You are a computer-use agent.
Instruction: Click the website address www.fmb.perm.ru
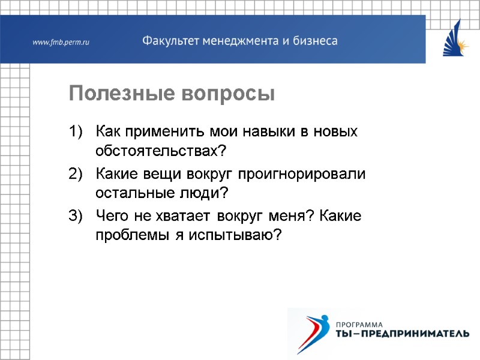[61, 42]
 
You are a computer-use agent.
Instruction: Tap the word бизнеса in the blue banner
[314, 41]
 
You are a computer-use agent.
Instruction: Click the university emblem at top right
[456, 38]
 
